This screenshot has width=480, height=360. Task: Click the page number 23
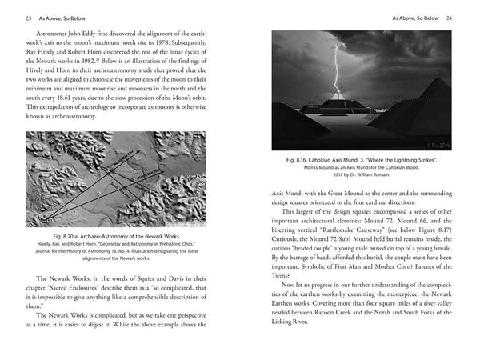coord(28,16)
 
